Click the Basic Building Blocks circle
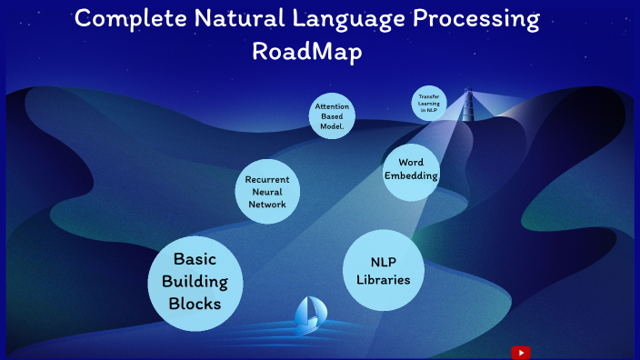pos(197,282)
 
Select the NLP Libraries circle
pos(383,270)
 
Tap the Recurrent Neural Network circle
pos(267,192)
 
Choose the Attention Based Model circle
pos(332,117)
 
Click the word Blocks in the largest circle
pos(195,304)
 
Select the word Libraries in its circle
pos(383,280)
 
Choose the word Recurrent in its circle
pos(267,179)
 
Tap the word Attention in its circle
pos(332,107)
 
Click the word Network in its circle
pos(267,205)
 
